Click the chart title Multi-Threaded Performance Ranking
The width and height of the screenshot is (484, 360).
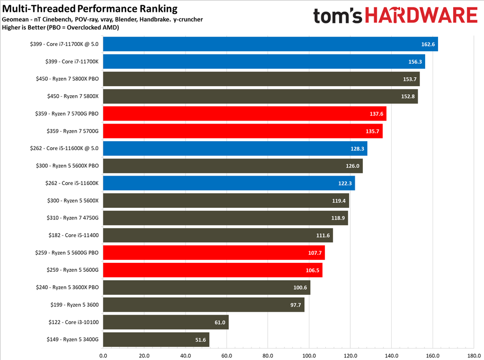click(90, 8)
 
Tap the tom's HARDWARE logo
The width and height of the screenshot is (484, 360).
click(395, 15)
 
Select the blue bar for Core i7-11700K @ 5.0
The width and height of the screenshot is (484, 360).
click(270, 44)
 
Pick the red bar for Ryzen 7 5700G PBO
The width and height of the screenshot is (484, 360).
click(244, 114)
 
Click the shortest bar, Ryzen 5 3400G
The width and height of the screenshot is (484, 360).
click(156, 340)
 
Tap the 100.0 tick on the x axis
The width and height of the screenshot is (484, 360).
click(309, 356)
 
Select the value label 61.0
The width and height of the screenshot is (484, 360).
click(220, 323)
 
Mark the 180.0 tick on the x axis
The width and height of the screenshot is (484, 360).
click(473, 356)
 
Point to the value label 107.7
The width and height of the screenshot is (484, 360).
click(315, 253)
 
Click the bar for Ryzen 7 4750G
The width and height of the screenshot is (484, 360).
click(226, 218)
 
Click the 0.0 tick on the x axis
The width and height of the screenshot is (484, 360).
click(103, 356)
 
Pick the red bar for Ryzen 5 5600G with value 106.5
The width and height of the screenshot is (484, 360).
click(213, 270)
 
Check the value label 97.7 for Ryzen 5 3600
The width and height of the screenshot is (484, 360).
click(295, 305)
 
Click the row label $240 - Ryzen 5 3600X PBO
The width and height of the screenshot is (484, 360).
click(67, 288)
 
